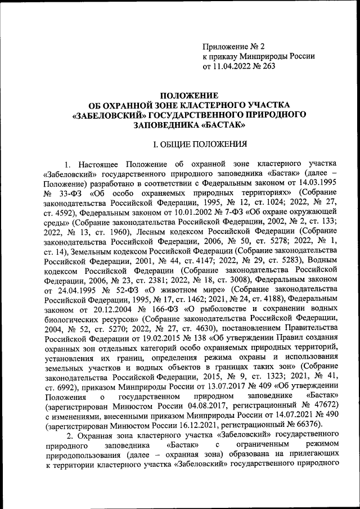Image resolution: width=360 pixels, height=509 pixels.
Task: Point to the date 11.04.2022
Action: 231,67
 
